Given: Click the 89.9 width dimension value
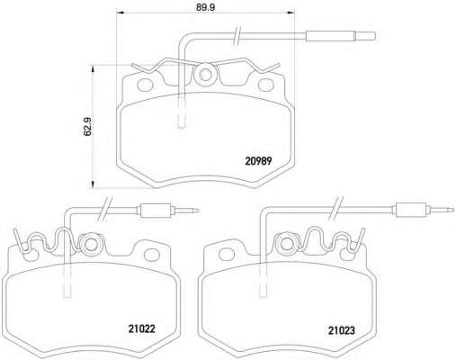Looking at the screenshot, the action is [x=205, y=7].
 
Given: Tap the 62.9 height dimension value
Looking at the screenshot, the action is [x=88, y=126].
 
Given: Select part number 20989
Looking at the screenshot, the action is [x=258, y=161].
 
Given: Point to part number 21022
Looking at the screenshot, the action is [x=141, y=328].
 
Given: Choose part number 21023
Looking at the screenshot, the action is [x=342, y=330].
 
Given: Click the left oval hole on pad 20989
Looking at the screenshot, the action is [x=145, y=85].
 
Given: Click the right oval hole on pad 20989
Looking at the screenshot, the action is [x=266, y=85].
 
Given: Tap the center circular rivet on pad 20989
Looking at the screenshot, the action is [x=205, y=74].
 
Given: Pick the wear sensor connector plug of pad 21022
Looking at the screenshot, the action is [x=156, y=211].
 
